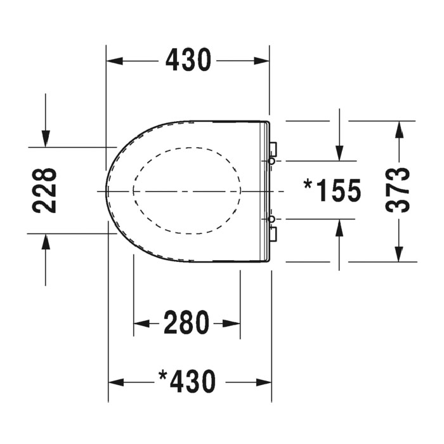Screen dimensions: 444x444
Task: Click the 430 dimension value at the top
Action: coord(188,60)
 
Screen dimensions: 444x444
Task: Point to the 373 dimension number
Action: coord(398,190)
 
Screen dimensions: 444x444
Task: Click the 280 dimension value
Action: coord(186,323)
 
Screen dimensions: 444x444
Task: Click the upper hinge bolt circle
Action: coord(271,162)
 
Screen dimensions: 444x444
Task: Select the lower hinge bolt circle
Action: coord(271,219)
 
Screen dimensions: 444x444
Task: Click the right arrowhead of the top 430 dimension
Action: coord(262,61)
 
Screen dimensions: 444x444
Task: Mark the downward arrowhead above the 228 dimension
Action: coord(46,139)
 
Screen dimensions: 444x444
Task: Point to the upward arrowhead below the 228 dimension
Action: coord(46,242)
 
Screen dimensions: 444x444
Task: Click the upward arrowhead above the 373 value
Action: coord(399,129)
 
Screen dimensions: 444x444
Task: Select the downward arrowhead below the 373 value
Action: coord(399,253)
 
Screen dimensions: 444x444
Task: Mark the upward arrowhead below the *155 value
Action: coord(340,227)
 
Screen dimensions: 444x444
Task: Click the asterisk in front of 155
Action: coord(309,185)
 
